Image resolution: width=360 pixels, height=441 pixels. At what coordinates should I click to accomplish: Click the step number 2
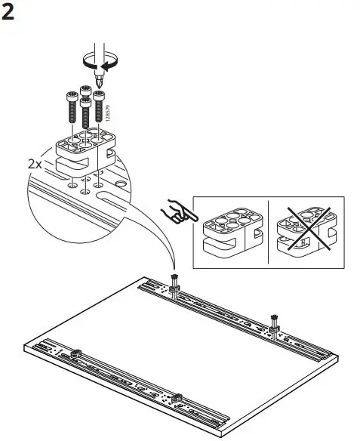[11, 14]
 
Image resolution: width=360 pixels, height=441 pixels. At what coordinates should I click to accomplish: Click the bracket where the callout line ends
[174, 288]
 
